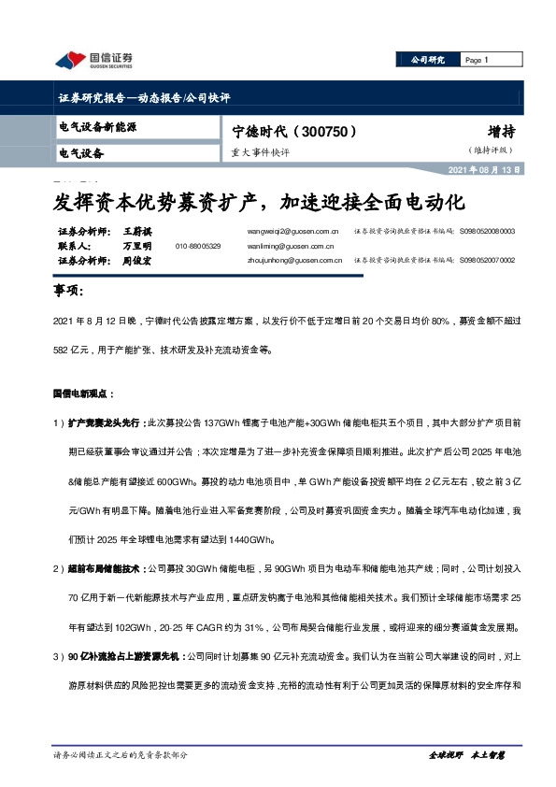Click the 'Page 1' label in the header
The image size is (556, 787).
coord(477,60)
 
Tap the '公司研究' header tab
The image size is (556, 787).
coord(428,60)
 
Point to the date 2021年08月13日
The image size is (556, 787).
coord(486,170)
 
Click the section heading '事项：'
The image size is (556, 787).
coord(71,292)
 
